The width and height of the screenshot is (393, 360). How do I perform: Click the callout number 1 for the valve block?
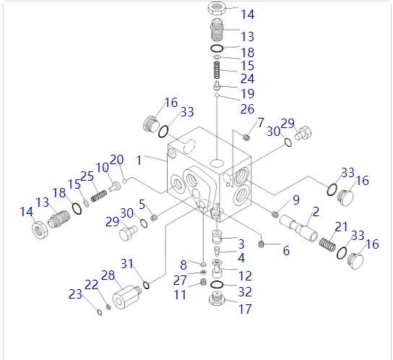point(139,160)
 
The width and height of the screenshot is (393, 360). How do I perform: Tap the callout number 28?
point(108,275)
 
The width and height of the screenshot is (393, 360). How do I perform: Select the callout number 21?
point(342,227)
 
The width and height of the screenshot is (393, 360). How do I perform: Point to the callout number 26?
point(247,109)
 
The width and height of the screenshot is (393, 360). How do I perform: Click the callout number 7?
point(261,122)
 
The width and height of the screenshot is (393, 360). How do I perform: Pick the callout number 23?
point(75,294)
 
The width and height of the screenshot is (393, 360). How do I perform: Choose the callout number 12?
point(245,276)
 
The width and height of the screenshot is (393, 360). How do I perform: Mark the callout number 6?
point(286,251)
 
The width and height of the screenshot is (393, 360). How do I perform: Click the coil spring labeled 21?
point(327,244)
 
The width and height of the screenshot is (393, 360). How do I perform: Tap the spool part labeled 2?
point(299,228)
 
